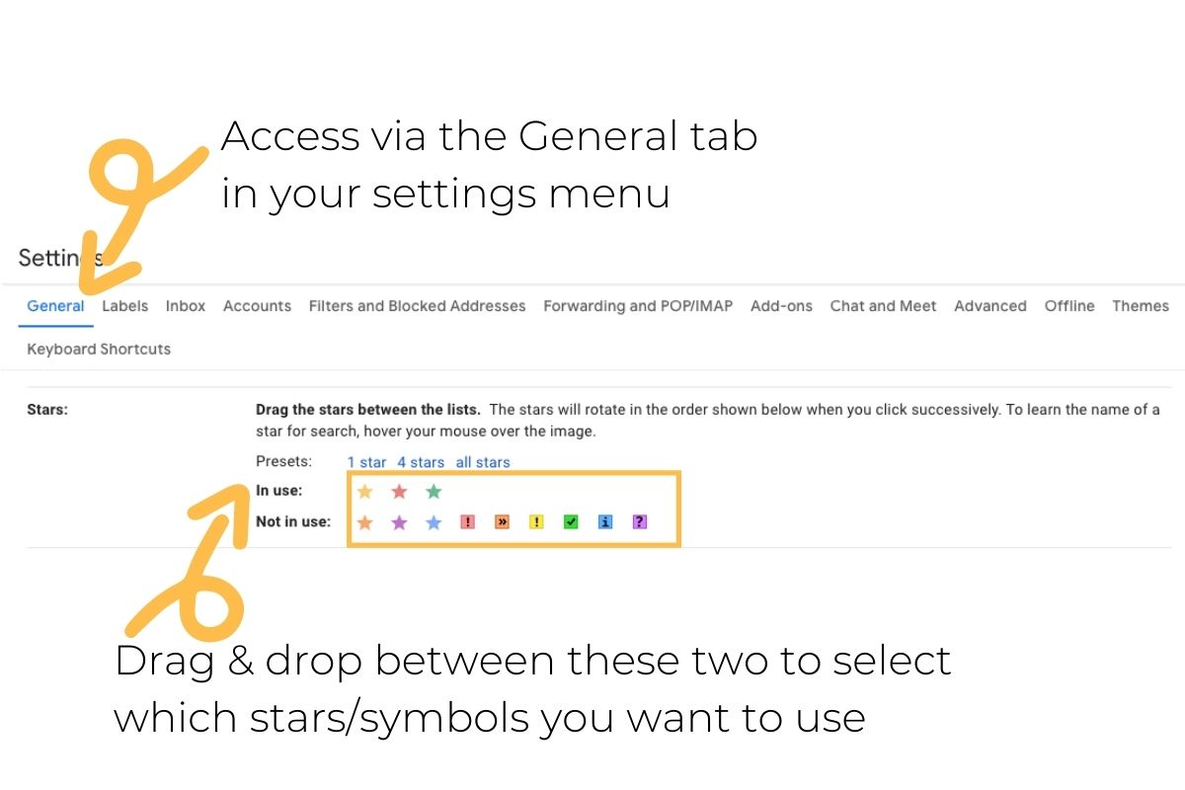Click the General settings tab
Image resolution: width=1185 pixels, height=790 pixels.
(55, 306)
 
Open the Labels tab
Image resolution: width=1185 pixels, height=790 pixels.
(125, 306)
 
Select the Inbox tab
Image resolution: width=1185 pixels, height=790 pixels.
(186, 306)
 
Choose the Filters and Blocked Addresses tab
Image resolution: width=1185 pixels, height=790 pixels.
(417, 306)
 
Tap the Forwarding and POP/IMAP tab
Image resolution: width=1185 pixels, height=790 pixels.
(638, 306)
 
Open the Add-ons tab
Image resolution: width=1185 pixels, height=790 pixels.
(781, 306)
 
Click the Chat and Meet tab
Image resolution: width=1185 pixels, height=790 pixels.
(883, 306)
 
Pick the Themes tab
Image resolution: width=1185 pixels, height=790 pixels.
(1140, 306)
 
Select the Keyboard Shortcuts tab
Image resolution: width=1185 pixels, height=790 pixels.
(99, 349)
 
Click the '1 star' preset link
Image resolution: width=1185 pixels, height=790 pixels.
(366, 462)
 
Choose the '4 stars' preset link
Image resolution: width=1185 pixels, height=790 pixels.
(421, 462)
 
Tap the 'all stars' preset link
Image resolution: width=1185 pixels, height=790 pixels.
(483, 462)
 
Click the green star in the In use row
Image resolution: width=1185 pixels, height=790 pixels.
(434, 492)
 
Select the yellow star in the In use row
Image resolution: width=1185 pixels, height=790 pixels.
(365, 492)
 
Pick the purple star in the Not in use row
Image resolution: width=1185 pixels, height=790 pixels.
(399, 522)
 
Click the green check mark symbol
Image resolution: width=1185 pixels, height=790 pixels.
(571, 522)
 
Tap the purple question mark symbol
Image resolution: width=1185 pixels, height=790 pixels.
(640, 522)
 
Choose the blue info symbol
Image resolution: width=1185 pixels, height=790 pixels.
(605, 522)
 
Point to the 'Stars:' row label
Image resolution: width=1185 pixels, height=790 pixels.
(47, 409)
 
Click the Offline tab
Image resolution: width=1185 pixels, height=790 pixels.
(1069, 306)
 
